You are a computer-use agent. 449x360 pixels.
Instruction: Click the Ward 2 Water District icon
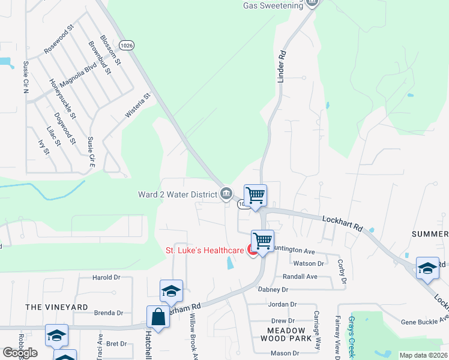point(227,193)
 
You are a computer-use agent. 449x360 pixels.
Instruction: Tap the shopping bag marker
point(158,317)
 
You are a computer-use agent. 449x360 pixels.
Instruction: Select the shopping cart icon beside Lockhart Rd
point(256,196)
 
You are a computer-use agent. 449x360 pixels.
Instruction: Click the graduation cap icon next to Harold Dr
point(171,291)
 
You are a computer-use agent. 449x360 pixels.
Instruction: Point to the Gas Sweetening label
point(274,5)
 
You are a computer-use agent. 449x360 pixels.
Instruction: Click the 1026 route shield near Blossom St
point(127,45)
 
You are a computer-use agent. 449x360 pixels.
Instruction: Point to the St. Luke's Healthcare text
point(205,250)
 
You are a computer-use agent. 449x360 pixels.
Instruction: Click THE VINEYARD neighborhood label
point(56,307)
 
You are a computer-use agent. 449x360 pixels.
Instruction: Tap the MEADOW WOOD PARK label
point(290,334)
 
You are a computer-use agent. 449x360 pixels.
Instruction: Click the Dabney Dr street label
point(273,289)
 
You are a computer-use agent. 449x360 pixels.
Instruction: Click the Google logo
point(20,353)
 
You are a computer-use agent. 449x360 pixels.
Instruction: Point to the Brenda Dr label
point(108,313)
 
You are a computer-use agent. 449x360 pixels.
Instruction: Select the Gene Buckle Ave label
point(425,322)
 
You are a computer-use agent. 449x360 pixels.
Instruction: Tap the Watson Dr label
point(307,263)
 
